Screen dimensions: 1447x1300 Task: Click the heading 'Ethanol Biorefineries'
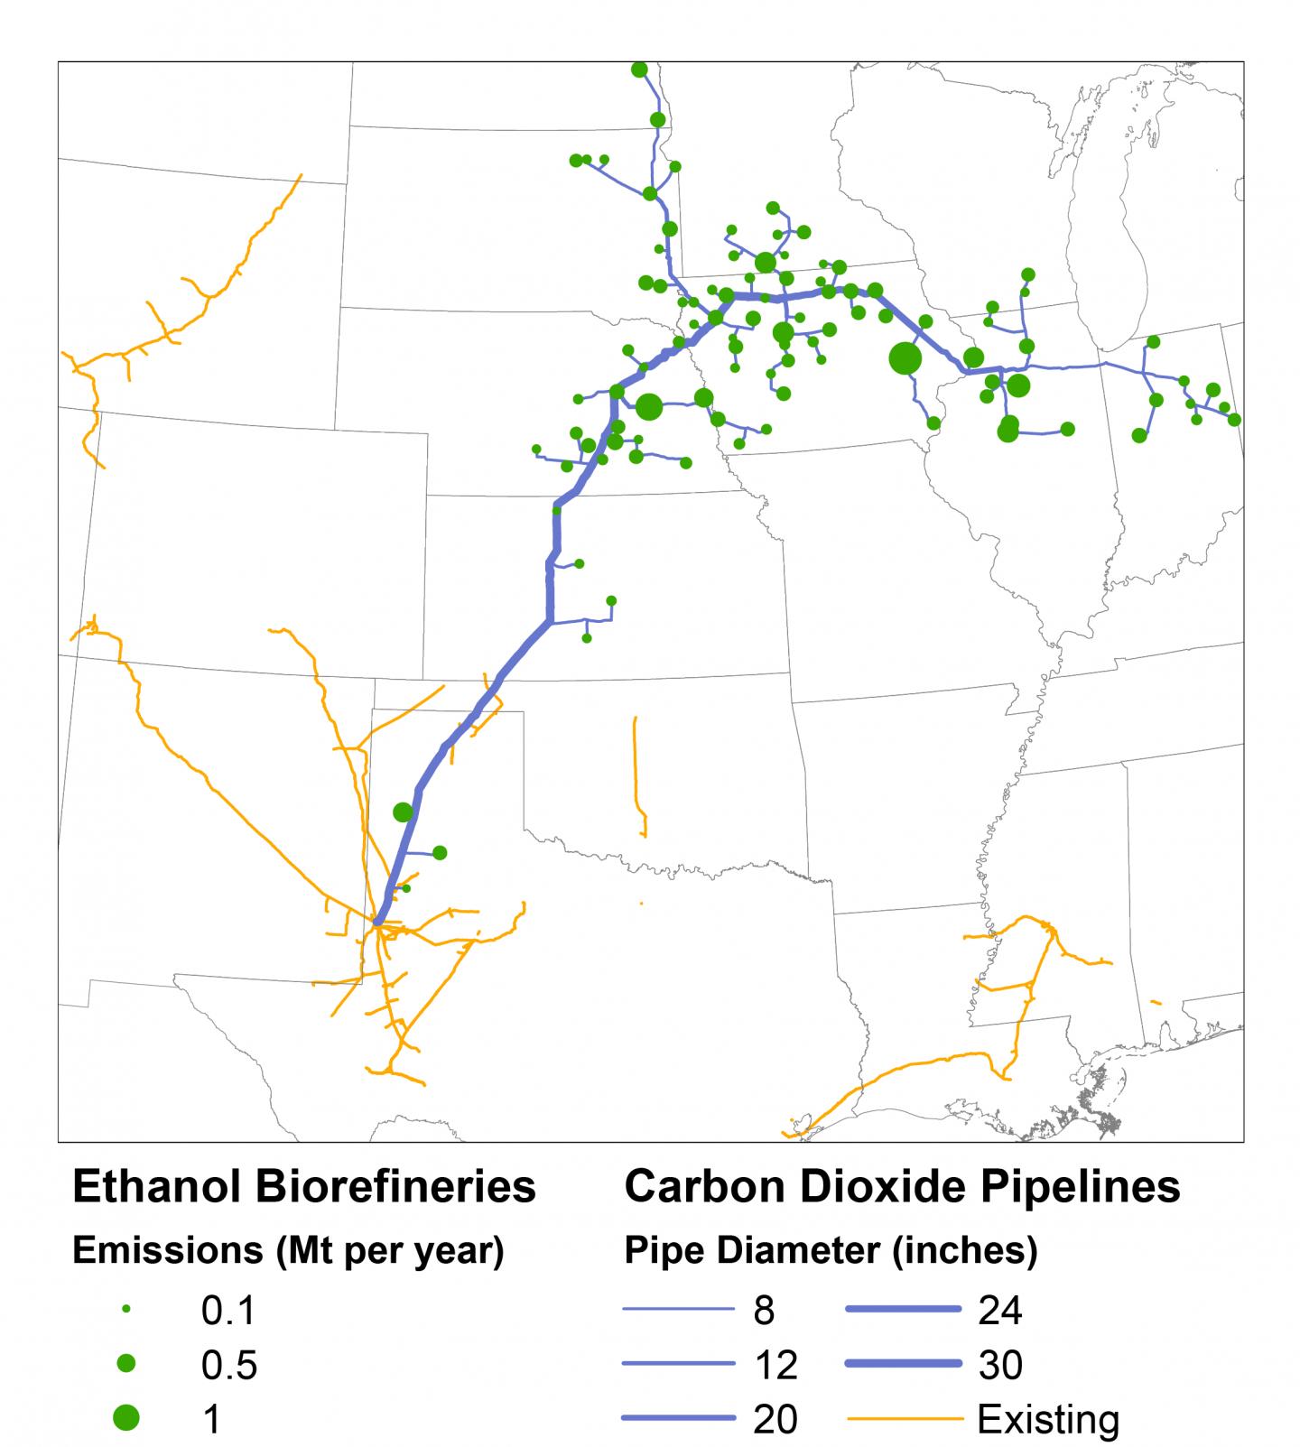coord(303,1187)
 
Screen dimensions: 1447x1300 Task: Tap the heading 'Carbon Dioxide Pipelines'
coord(902,1187)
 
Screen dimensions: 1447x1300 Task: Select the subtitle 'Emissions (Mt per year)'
coord(287,1251)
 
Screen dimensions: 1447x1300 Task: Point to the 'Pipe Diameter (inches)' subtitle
coord(831,1251)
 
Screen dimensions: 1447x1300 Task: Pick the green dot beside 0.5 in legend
coord(126,1363)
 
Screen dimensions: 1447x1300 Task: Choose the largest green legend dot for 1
coord(126,1418)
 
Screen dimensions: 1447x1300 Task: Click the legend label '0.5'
coord(229,1365)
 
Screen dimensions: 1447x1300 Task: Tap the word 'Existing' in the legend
coord(1048,1420)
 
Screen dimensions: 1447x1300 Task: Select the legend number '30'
coord(999,1365)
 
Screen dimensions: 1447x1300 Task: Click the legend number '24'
coord(999,1310)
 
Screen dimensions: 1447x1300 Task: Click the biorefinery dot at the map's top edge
coord(639,70)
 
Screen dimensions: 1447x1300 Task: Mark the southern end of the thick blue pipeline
coord(377,922)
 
